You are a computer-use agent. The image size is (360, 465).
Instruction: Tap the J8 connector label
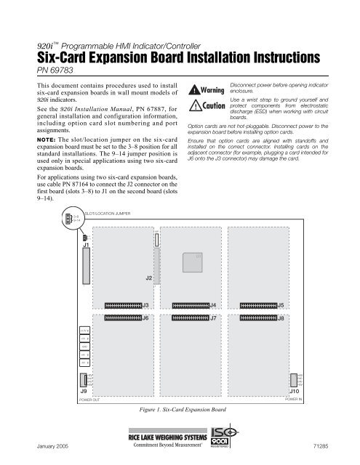point(281,318)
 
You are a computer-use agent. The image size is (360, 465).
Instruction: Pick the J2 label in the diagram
point(149,278)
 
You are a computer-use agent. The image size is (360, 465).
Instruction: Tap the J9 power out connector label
point(84,391)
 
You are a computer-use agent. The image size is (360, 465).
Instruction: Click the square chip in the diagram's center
point(191,262)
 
